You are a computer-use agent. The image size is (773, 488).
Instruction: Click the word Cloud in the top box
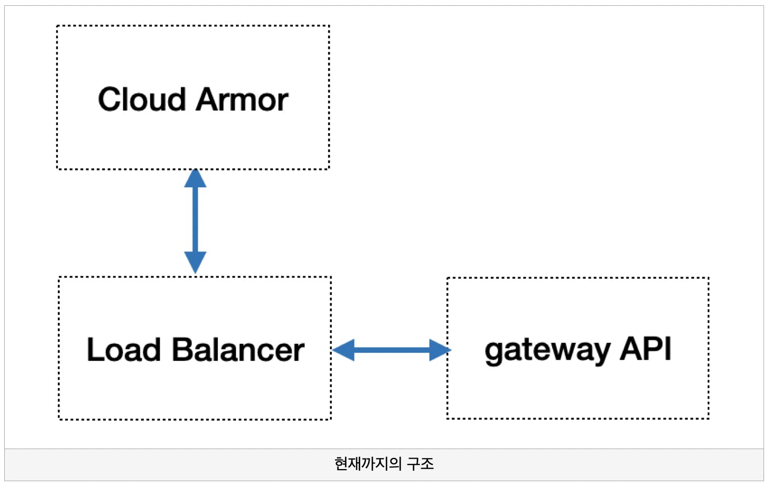(142, 99)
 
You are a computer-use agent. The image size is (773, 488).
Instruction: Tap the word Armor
(242, 99)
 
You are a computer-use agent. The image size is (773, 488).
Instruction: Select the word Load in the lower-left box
(124, 350)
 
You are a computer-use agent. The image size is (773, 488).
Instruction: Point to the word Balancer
(238, 350)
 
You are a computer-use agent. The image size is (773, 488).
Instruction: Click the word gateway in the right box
(547, 351)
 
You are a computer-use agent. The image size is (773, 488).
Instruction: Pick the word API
(646, 349)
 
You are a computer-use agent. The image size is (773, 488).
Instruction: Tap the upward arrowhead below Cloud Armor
(195, 178)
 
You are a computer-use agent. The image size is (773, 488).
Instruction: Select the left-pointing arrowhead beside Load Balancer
(343, 350)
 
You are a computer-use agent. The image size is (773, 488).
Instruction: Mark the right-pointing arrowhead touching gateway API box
(440, 350)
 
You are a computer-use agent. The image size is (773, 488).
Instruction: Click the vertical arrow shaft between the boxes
(195, 219)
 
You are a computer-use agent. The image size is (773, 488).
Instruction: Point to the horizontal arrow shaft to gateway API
(392, 350)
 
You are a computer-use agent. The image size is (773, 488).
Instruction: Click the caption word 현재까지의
(368, 463)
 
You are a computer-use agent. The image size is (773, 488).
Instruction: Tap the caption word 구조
(420, 463)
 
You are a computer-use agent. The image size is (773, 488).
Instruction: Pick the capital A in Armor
(207, 99)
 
